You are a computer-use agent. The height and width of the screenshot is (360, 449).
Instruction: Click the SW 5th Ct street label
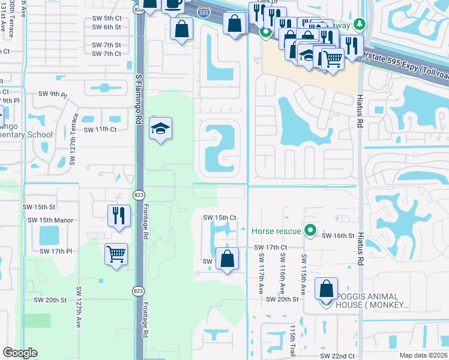(x=107, y=18)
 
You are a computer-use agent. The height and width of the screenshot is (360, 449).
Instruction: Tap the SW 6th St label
(x=107, y=27)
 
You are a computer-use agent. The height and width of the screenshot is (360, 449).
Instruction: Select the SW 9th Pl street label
(x=52, y=94)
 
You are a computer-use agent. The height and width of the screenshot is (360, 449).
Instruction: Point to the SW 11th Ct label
(x=100, y=130)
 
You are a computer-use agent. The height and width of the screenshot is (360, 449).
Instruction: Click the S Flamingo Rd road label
(x=137, y=98)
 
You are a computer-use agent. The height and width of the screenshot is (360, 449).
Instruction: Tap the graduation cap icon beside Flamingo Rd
(x=160, y=129)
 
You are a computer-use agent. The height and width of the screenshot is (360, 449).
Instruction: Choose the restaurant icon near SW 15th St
(x=119, y=215)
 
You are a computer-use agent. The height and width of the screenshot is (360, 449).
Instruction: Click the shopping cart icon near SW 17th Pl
(x=116, y=253)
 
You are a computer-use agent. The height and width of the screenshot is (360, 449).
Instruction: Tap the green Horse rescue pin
(x=310, y=230)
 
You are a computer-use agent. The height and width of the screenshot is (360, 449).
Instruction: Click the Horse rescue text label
(x=277, y=230)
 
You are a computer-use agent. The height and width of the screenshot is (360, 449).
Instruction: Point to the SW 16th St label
(x=338, y=236)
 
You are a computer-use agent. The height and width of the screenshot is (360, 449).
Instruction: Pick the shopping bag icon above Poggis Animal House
(x=326, y=289)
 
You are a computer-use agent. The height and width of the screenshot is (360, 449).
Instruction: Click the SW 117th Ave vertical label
(x=262, y=272)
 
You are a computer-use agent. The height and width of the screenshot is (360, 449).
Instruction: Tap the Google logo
(x=20, y=353)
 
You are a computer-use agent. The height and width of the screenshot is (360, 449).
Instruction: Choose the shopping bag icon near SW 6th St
(x=181, y=29)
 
